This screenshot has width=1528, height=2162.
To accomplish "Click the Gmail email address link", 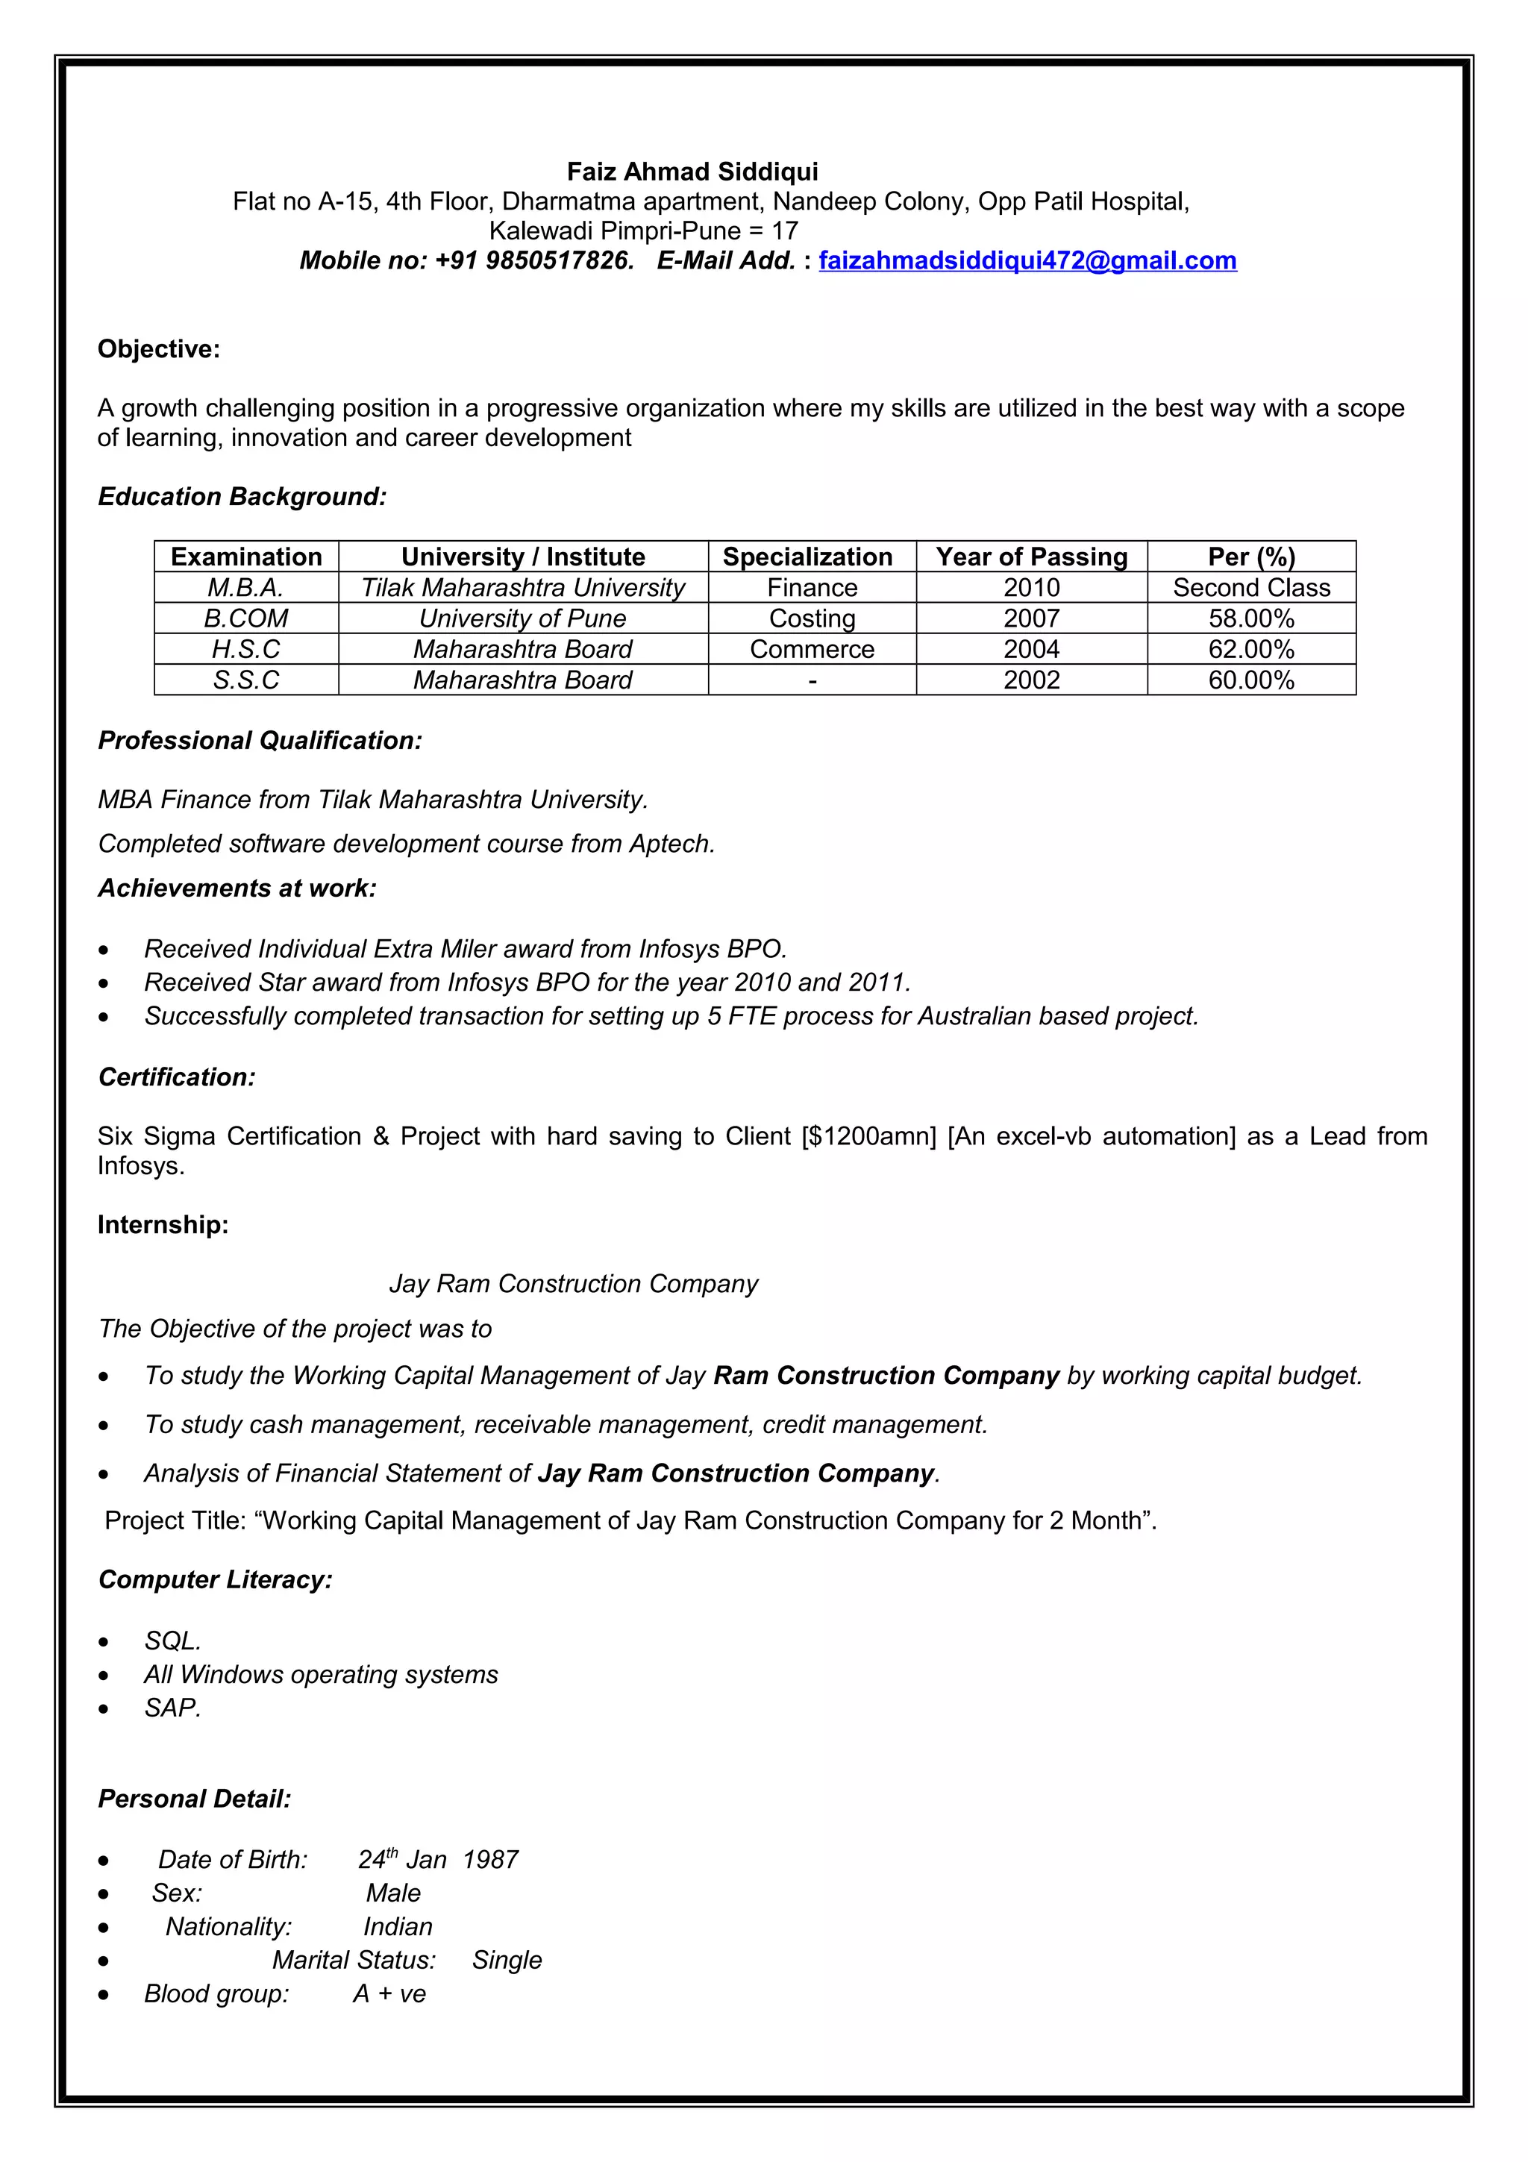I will point(1027,261).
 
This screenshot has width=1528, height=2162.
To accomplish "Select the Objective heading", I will point(158,349).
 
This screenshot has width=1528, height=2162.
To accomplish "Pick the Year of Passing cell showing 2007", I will point(1031,618).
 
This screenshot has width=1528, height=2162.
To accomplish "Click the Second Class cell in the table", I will point(1250,588).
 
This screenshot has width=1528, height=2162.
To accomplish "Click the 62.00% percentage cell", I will point(1250,649).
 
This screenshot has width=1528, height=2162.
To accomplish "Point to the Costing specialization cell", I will point(812,618).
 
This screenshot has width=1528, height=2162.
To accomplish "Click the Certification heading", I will point(176,1077).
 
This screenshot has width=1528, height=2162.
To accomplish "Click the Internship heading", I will point(163,1225).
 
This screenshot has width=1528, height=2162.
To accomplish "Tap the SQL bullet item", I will point(172,1641).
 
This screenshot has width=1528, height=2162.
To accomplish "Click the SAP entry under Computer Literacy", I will point(172,1708).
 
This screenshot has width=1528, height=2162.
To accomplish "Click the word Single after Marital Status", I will point(507,1961).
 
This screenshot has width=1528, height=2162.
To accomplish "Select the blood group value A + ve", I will point(389,1994).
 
